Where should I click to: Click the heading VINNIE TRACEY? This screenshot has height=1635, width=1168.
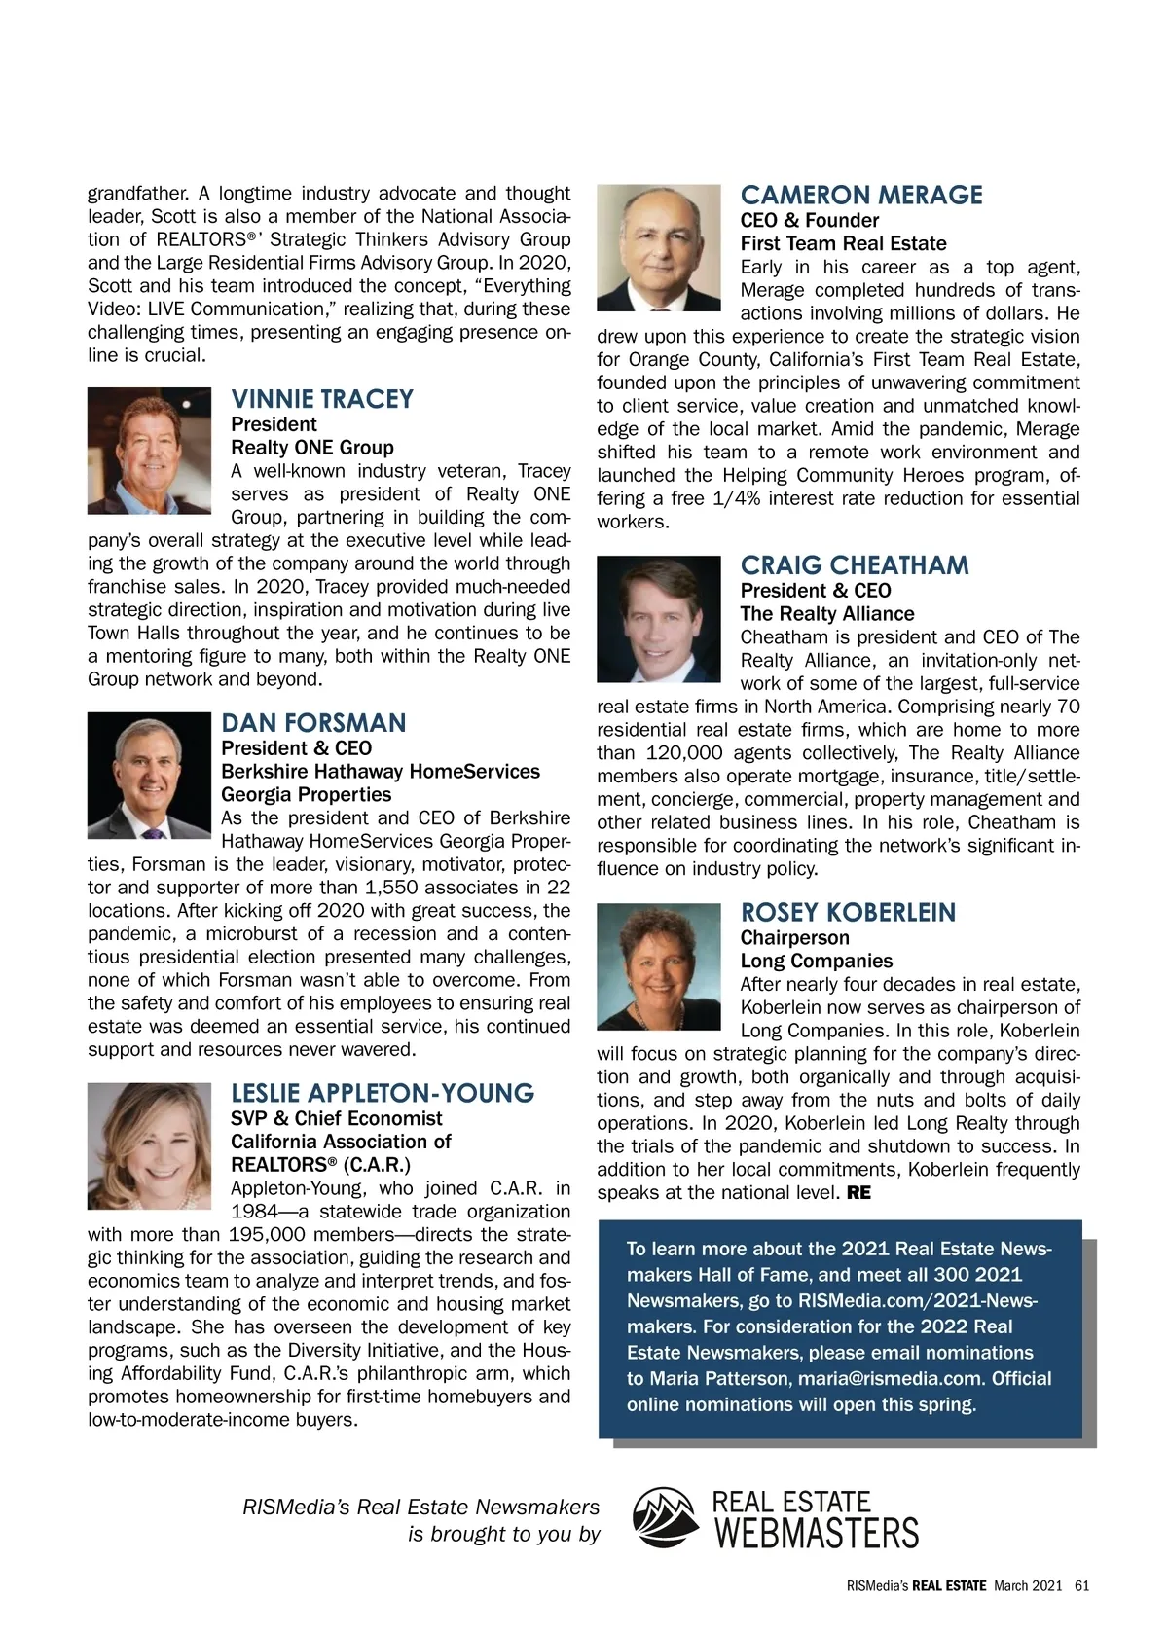tap(322, 399)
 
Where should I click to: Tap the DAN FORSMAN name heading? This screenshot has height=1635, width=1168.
tap(313, 723)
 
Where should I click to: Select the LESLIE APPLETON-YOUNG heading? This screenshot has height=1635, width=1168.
tap(383, 1093)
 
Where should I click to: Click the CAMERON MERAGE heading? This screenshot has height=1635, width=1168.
tap(861, 195)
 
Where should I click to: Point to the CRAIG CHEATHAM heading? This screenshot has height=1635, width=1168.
tap(855, 565)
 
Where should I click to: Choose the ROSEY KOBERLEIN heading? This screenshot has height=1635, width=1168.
tap(848, 913)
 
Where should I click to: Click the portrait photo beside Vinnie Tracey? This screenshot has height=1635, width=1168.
tap(149, 451)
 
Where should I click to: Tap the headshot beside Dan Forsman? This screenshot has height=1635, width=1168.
tap(149, 776)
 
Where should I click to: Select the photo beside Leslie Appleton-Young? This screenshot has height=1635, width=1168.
tap(149, 1146)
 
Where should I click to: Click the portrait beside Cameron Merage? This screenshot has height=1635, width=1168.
tap(658, 248)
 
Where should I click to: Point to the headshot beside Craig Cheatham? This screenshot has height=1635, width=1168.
tap(658, 620)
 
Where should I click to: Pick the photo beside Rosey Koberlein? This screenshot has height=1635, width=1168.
tap(658, 966)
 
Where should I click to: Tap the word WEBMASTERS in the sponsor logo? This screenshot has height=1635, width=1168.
tap(817, 1534)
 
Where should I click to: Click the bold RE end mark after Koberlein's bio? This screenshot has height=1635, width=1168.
tap(858, 1193)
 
